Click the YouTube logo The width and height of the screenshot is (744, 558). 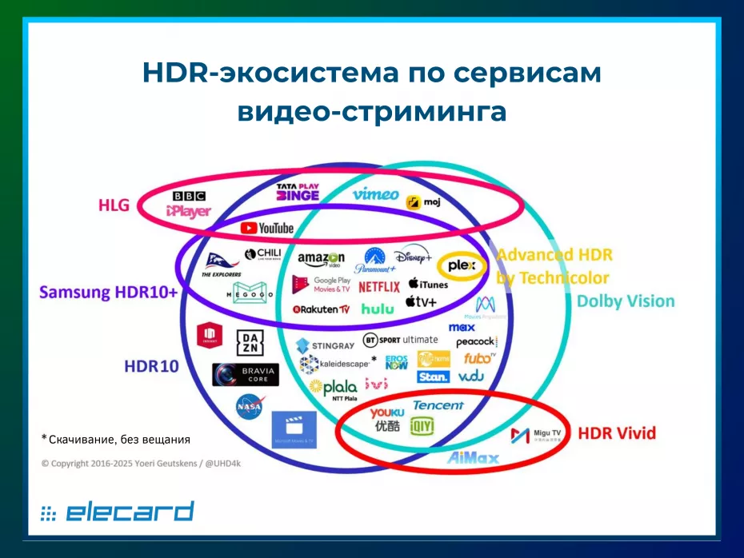pos(266,229)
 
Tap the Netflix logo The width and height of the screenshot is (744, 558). pos(379,286)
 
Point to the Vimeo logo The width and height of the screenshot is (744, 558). pos(375,194)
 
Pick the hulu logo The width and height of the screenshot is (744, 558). pos(377,309)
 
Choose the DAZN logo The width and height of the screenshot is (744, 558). pos(248,342)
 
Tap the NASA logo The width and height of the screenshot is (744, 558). pos(249,407)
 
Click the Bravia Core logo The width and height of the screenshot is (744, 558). pos(245,374)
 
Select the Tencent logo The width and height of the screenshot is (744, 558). pos(438,405)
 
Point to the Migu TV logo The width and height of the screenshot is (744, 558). pos(537,436)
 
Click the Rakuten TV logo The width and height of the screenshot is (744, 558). pos(322,309)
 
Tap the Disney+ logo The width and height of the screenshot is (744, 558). pos(413,257)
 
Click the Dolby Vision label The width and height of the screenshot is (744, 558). pos(626,301)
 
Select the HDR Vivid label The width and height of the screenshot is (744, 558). pos(617,433)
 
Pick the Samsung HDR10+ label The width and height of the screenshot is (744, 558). pos(109,292)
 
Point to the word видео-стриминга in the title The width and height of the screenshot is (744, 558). pos(371,111)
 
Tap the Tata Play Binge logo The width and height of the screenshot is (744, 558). pos(298,193)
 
